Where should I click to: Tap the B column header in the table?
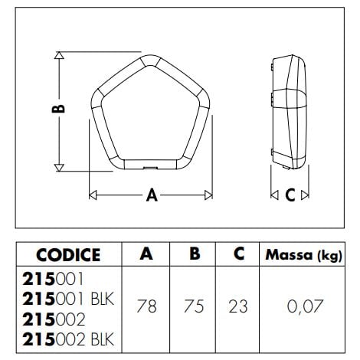pyautogui.click(x=195, y=254)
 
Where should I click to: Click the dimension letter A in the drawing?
pyautogui.click(x=152, y=195)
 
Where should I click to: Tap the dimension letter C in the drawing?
pyautogui.click(x=290, y=195)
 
